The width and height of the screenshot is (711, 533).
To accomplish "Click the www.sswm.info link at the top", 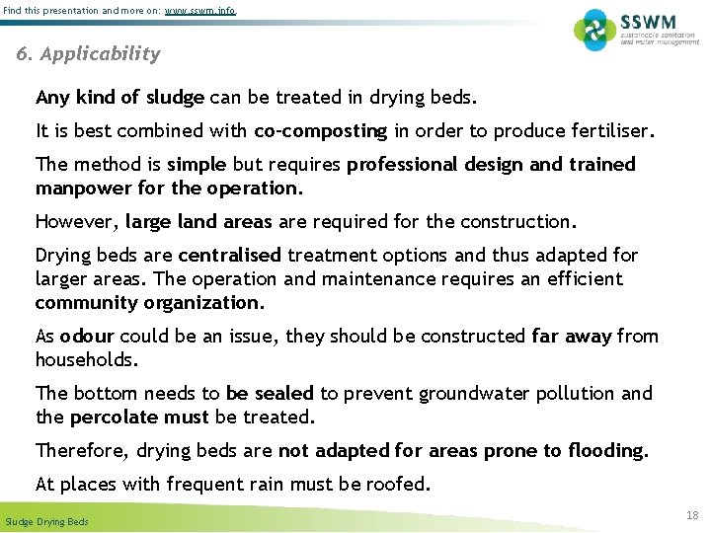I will pos(200,11).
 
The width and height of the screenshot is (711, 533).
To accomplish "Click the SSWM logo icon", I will pos(594,30).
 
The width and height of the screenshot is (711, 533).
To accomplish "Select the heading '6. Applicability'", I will pos(88,54).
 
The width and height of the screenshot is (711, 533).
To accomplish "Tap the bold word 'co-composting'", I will pos(321,130).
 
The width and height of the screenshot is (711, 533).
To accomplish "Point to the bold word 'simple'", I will pos(197,164).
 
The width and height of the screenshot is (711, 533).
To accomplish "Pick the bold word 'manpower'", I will pos(82,188).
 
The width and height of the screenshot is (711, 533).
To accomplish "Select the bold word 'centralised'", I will pos(229,255).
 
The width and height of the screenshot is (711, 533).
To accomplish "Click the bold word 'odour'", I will pos(88,336).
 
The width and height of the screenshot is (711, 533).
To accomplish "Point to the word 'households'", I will pos(85,359).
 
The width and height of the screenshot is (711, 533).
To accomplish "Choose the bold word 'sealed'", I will pos(284,393).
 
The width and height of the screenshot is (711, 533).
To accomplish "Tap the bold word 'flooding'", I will pos(606,450).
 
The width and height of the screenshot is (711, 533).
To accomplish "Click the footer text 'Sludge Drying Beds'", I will pos(46,521).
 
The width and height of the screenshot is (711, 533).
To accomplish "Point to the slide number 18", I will pos(691,515).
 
